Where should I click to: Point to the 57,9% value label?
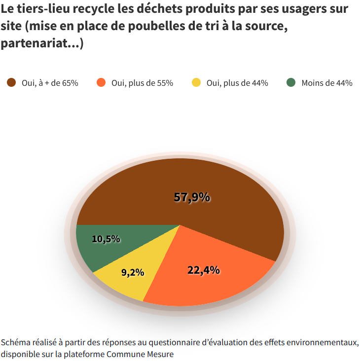(192, 197)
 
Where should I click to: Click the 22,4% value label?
(203, 270)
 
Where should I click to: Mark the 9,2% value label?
(132, 272)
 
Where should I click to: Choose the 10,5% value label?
(106, 239)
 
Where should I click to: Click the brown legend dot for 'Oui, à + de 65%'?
(11, 83)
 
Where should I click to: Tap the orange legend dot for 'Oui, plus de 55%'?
(102, 83)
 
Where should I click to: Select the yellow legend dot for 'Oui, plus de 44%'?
(196, 83)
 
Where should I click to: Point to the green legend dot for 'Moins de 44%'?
(291, 83)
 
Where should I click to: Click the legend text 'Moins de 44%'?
(326, 83)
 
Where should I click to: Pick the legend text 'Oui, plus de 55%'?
(142, 83)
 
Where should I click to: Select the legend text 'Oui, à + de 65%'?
(50, 83)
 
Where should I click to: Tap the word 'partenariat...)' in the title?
(42, 43)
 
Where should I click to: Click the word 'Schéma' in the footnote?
(15, 342)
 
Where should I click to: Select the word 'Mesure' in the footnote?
(161, 354)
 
